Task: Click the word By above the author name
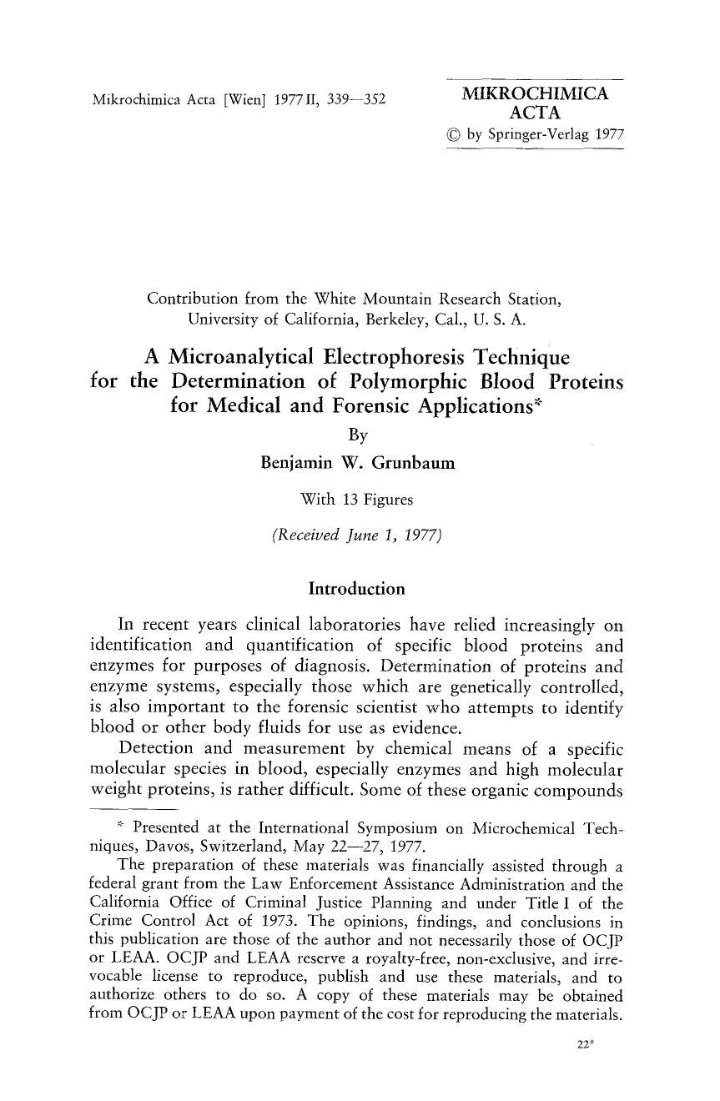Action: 357,435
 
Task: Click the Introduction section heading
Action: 356,589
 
